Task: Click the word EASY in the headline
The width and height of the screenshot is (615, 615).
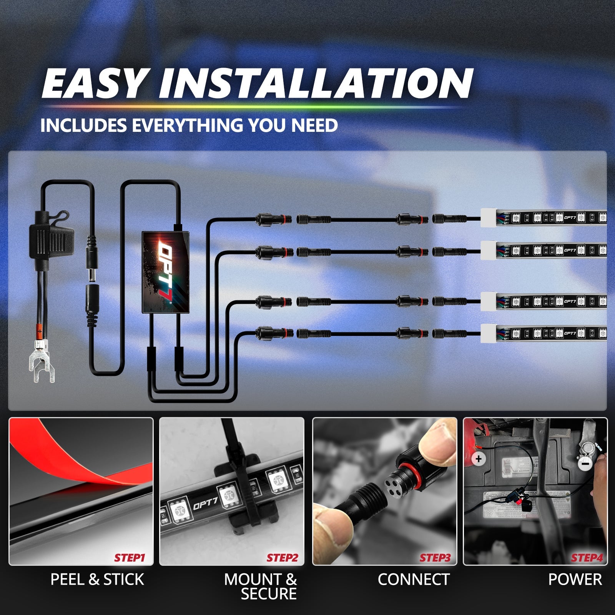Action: tap(93, 83)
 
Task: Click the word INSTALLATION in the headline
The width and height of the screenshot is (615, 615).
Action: tap(316, 83)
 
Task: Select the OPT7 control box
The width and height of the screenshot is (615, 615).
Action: tap(166, 272)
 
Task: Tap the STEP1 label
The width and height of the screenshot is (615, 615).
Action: tap(130, 558)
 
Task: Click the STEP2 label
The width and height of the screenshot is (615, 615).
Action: tap(282, 558)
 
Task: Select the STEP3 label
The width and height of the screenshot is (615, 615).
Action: tap(435, 558)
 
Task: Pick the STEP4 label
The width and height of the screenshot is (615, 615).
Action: tap(587, 558)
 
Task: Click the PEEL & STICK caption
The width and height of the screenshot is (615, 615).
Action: tap(97, 580)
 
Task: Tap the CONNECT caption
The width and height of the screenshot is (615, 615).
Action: tap(414, 580)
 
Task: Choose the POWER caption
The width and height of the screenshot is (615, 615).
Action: tap(575, 580)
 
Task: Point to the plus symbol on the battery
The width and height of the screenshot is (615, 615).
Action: tap(479, 459)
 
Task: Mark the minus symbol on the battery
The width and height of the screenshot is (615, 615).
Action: tap(585, 465)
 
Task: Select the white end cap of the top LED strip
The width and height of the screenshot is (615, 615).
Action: tap(488, 218)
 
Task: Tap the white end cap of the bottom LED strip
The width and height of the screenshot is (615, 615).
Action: tap(488, 333)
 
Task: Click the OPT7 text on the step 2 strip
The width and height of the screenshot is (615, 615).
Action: tap(205, 504)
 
